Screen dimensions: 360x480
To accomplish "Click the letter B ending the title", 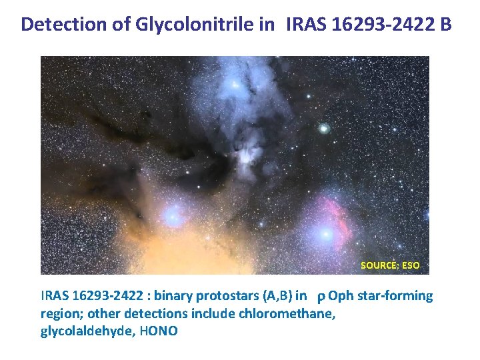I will (446, 25).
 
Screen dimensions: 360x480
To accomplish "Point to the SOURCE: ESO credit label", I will (390, 265).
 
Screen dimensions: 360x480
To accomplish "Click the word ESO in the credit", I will (410, 265).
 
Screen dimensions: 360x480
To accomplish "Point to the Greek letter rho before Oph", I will (321, 297).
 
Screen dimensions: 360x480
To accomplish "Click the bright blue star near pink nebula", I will (326, 234).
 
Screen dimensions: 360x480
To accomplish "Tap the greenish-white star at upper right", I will (324, 128).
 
